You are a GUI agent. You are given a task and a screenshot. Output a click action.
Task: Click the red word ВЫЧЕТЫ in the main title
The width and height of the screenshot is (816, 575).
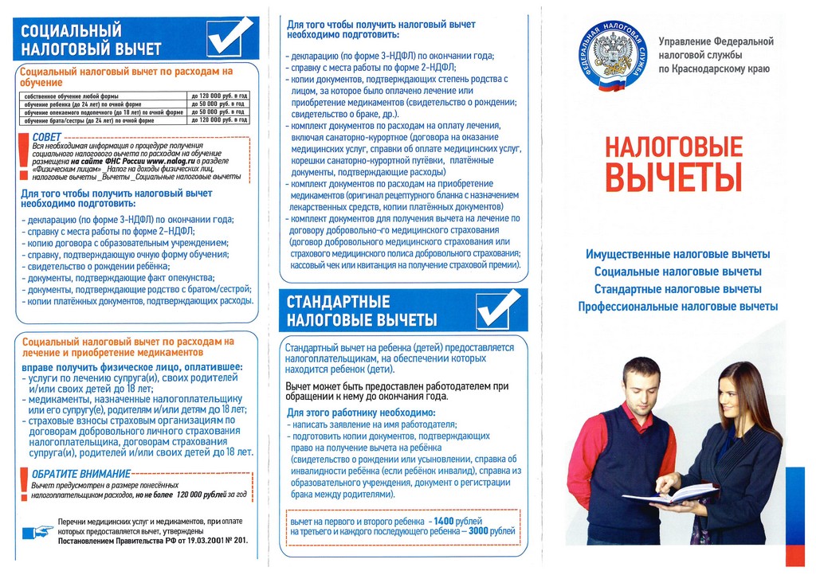click(673, 177)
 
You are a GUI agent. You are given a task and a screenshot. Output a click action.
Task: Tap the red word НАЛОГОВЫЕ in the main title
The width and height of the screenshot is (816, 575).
click(673, 147)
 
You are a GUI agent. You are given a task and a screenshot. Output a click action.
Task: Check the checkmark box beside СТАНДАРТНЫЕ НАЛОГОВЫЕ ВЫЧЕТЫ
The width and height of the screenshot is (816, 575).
click(497, 310)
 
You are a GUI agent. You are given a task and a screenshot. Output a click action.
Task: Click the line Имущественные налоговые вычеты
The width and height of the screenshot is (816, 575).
click(677, 254)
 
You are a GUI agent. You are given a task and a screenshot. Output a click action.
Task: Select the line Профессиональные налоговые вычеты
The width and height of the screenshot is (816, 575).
click(677, 307)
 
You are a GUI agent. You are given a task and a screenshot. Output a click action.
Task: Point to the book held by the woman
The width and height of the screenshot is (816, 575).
click(669, 493)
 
